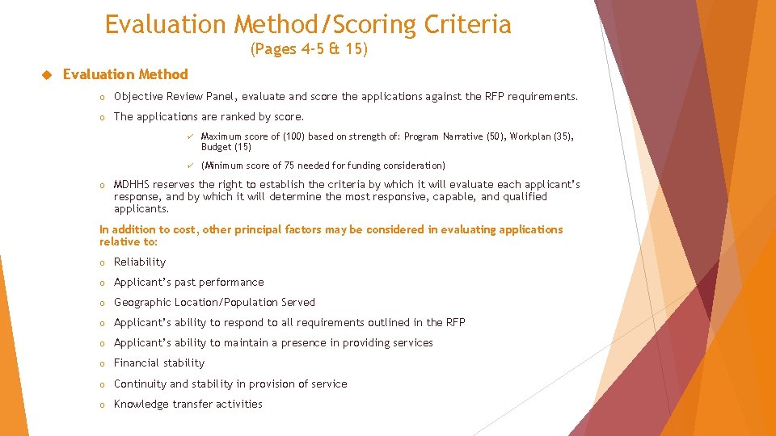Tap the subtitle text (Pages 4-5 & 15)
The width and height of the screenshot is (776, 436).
tap(309, 50)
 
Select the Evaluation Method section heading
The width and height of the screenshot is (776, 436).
tap(125, 74)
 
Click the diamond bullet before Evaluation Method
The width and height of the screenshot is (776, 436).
tap(46, 75)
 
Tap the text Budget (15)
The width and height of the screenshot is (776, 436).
tap(226, 147)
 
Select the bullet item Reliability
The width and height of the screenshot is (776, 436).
tap(140, 262)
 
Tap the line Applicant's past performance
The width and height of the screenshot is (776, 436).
tap(188, 283)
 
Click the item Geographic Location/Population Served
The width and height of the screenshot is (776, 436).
tap(214, 303)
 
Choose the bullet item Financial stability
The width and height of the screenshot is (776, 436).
tap(159, 363)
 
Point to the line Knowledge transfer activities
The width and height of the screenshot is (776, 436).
tap(188, 405)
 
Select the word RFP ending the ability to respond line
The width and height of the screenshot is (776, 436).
tap(456, 323)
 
